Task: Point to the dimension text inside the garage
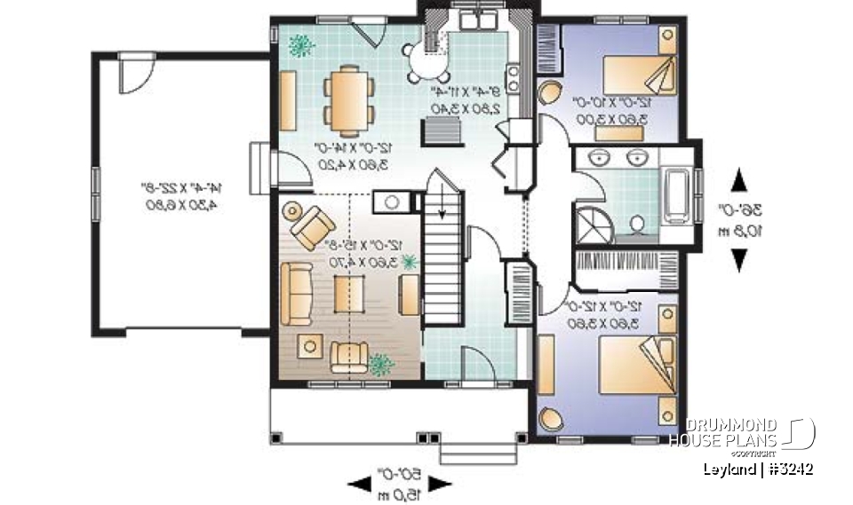(x=182, y=196)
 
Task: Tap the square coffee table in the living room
(x=349, y=294)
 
